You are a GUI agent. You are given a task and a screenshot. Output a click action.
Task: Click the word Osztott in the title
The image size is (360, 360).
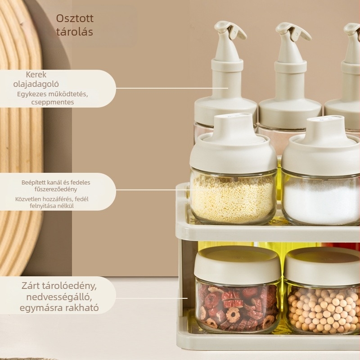coord(75,18)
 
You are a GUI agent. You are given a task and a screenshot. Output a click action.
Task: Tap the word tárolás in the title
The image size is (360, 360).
coord(75,32)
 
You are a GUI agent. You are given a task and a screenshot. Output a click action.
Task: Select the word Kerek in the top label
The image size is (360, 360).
coord(36,75)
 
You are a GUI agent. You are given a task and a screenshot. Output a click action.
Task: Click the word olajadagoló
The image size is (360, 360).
coord(36,84)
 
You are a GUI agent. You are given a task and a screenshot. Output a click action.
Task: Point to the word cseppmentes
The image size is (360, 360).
coord(53,102)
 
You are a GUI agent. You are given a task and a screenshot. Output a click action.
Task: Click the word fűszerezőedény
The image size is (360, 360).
coord(56,189)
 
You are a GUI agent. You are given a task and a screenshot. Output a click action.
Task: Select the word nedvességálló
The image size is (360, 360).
coord(59,297)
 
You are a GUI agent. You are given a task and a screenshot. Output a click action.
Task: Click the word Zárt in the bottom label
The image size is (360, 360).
coord(31,286)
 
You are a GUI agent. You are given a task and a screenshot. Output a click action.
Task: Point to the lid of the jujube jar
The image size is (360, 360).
coord(237,265)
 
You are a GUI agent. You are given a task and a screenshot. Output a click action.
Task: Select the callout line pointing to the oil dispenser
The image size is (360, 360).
coord(172,88)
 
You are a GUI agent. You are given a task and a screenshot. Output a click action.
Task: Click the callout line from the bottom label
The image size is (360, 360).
coord(152,298)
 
